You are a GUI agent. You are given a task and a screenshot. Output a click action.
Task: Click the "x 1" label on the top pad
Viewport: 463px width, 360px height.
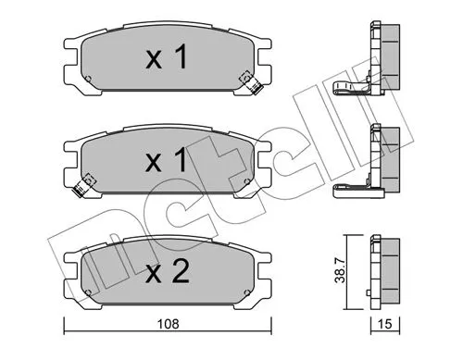167,59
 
